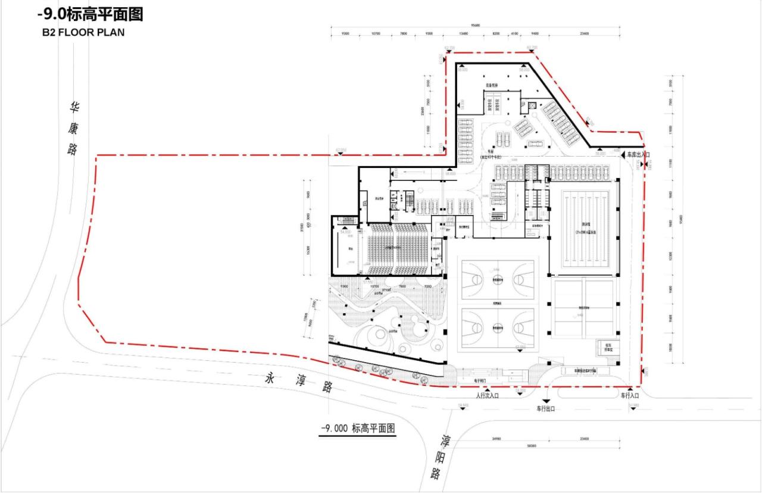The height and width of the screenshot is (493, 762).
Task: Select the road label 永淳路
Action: click(298, 382)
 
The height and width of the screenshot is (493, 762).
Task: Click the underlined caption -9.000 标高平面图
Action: click(358, 429)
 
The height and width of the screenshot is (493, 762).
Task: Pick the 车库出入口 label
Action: click(638, 155)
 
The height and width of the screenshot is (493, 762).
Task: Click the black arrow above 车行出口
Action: click(545, 400)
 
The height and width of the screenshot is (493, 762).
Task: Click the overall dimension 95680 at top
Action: click(474, 25)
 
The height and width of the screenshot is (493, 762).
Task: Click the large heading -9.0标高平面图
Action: click(89, 14)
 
